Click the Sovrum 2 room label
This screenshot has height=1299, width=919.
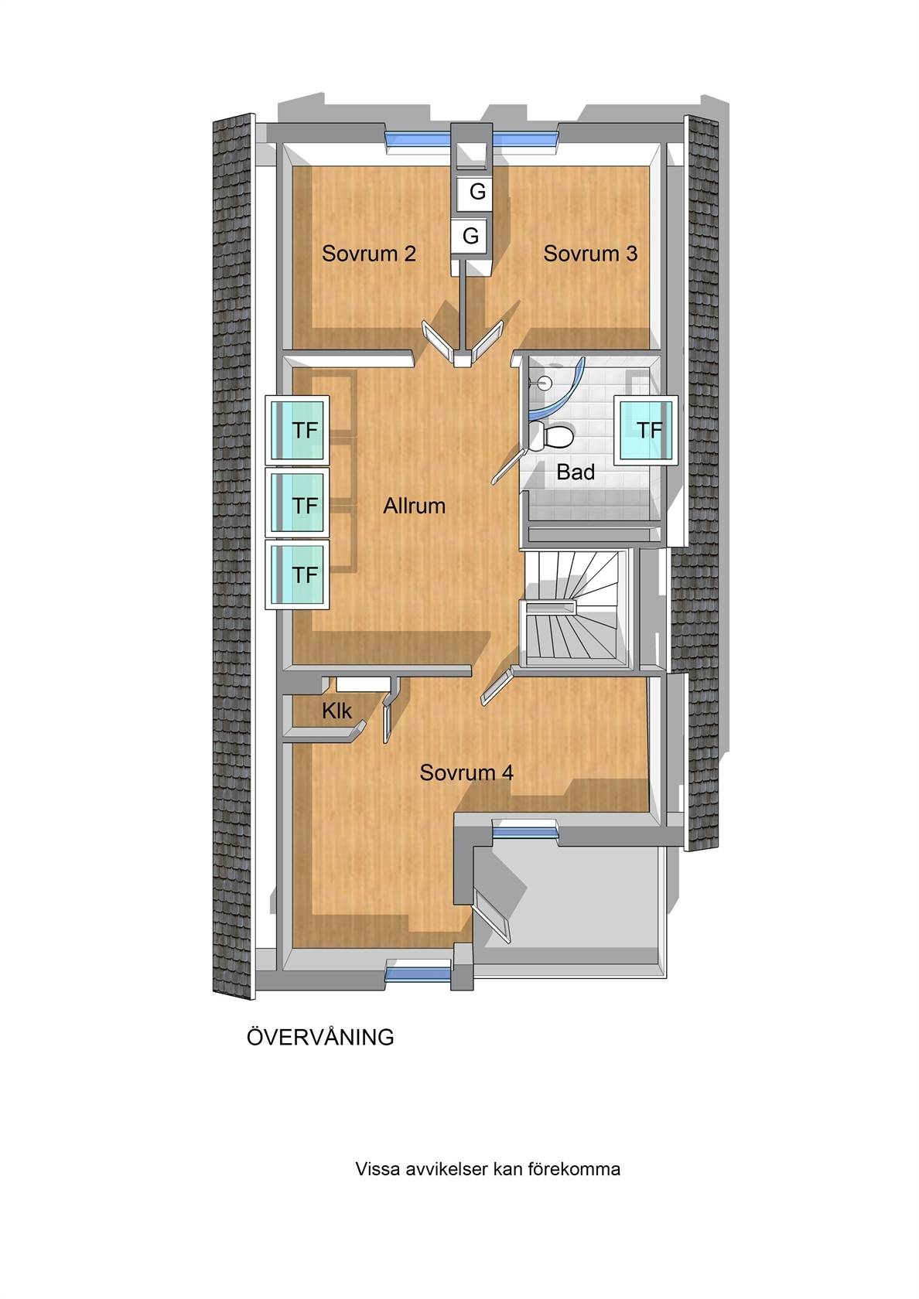[x=369, y=254]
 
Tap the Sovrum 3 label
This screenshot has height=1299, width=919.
[x=590, y=254]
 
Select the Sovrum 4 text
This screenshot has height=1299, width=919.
[x=466, y=772]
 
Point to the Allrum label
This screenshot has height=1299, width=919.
[x=415, y=506]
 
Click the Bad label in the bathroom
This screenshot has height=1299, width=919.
[x=576, y=472]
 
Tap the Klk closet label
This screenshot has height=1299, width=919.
[x=337, y=711]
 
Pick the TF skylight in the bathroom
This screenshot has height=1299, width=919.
[x=646, y=430]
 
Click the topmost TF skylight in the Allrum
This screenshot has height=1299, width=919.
[x=297, y=430]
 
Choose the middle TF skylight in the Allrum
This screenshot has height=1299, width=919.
[x=297, y=503]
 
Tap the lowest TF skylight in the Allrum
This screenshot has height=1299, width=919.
[x=297, y=574]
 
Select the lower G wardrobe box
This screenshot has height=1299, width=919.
[x=470, y=236]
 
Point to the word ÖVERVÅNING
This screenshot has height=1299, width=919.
[x=320, y=1037]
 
